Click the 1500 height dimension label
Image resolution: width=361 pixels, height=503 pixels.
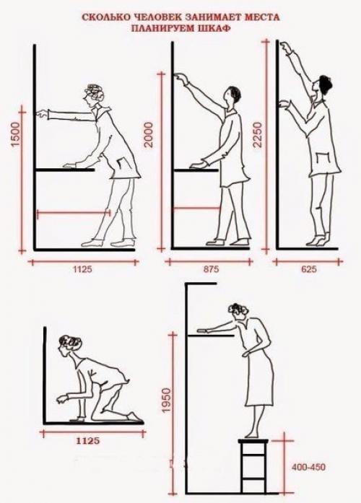[x=16, y=134]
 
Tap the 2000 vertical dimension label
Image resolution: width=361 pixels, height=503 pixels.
[x=149, y=134]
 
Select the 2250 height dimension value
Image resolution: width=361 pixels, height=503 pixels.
[x=258, y=134]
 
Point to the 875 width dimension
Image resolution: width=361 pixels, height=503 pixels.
[x=211, y=269]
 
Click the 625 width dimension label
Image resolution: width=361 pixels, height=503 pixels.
[x=309, y=269]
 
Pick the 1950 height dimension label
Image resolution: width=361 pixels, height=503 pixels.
[x=165, y=401]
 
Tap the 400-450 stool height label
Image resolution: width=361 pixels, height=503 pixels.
[x=308, y=467]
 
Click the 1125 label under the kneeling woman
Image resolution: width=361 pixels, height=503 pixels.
[x=87, y=441]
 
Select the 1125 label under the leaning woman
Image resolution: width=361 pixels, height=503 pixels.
[x=83, y=269]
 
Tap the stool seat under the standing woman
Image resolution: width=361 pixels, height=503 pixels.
[x=253, y=441]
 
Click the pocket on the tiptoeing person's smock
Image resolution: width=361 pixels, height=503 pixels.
[x=323, y=159]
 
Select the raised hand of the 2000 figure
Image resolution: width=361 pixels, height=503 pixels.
[x=180, y=77]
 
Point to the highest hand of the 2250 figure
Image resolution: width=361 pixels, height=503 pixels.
[x=285, y=48]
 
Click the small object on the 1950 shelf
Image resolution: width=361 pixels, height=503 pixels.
[x=202, y=331]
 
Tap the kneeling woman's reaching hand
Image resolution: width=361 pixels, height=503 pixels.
[x=63, y=399]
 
